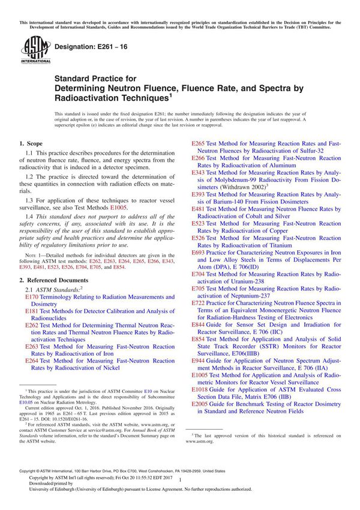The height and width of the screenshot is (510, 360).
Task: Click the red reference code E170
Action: pyautogui.click(x=32, y=297)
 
